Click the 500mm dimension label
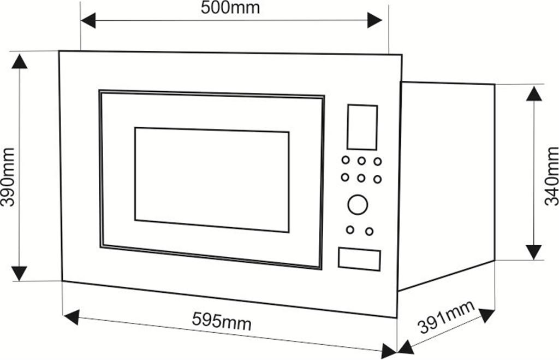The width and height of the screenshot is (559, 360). (x=230, y=8)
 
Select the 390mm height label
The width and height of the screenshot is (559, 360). (x=8, y=177)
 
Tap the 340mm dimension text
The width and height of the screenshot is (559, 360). (x=551, y=176)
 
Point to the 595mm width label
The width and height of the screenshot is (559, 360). (x=222, y=321)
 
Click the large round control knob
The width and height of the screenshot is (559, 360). (x=358, y=204)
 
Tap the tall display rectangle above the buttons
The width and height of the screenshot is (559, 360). (x=362, y=127)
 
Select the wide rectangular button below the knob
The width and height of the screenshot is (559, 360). (x=359, y=259)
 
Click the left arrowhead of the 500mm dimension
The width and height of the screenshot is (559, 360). (x=88, y=20)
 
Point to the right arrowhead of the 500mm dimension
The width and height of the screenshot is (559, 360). (x=374, y=20)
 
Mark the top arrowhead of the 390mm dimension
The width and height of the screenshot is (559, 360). (x=19, y=61)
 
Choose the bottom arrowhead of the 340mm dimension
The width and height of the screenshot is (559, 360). (x=534, y=252)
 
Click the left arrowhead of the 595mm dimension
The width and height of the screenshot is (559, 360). (x=72, y=317)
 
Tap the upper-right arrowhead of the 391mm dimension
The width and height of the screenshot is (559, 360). (x=486, y=315)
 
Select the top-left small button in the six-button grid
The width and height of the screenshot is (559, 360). (x=346, y=160)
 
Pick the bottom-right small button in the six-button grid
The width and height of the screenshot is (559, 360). (x=377, y=179)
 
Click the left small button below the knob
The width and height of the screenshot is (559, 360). (x=350, y=230)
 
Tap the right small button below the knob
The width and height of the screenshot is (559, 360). (x=370, y=232)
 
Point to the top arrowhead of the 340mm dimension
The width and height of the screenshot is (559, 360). (x=534, y=93)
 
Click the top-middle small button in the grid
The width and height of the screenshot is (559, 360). (x=361, y=161)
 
